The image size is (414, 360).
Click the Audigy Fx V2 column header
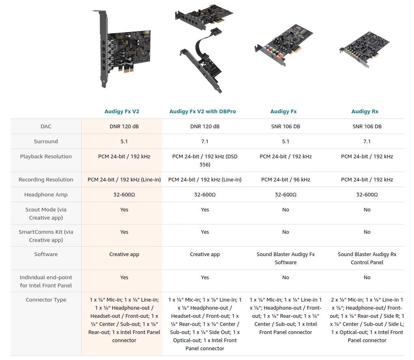122,111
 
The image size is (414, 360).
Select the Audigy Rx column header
365,111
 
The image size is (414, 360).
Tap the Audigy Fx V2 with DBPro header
203,111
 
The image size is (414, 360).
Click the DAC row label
46,126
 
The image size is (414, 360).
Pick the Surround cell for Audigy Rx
367,141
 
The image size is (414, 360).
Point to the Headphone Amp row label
46,194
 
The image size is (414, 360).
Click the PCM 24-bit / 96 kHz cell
286,179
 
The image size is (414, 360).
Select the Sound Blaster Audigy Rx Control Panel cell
367,258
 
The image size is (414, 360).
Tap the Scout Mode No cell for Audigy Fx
286,209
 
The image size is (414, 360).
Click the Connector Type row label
46,300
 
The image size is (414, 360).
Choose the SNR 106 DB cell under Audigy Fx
286,126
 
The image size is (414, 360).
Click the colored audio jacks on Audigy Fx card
270,53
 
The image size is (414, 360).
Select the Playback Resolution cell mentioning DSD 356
205,160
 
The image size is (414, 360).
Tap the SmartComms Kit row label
46,236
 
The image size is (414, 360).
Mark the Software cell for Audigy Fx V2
124,254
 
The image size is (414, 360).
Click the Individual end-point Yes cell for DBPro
205,277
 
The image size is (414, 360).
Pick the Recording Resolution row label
46,179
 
